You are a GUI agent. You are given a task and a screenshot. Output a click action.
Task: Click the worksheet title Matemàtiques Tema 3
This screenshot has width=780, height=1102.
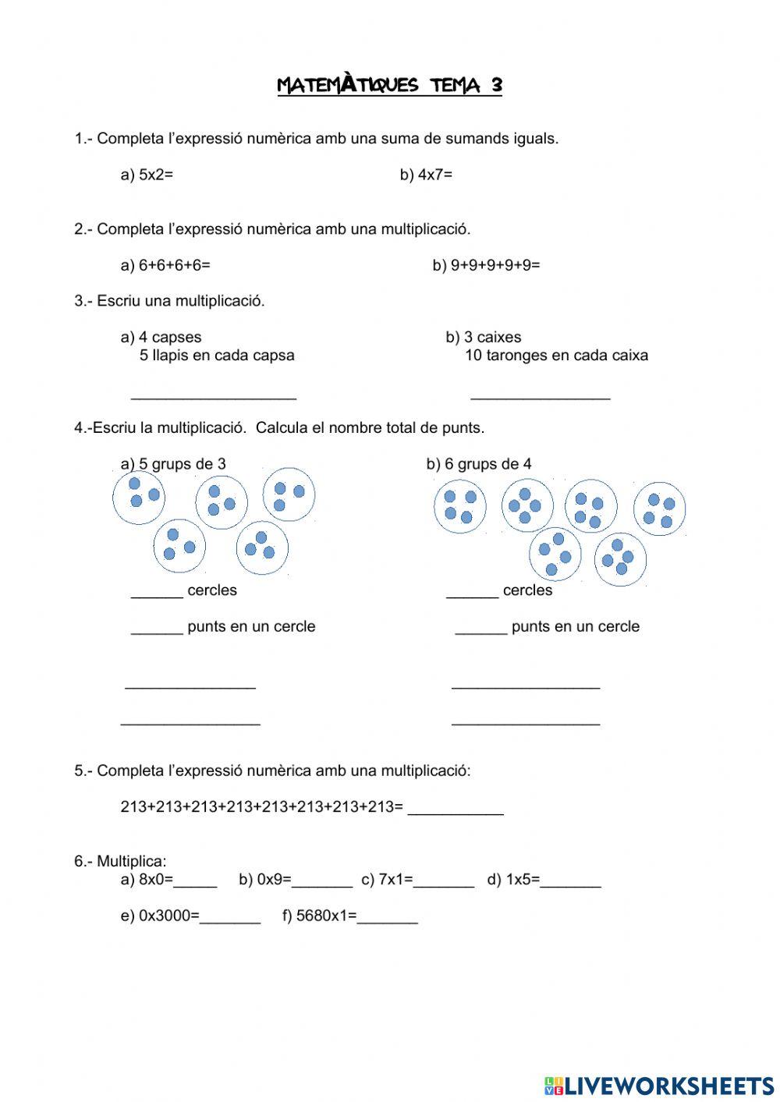pyautogui.click(x=389, y=85)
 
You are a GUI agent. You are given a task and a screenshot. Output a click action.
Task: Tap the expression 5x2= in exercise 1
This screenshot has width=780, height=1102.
pyautogui.click(x=155, y=175)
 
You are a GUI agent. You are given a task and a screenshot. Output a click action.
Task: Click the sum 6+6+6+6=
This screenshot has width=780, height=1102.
pyautogui.click(x=174, y=265)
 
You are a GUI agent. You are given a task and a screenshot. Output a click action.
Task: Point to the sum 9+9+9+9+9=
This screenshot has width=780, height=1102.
pyautogui.click(x=495, y=265)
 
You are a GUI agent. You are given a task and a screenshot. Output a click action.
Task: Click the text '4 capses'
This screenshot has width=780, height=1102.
pyautogui.click(x=169, y=337)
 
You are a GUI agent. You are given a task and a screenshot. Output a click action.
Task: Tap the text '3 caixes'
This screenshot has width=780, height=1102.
pyautogui.click(x=492, y=337)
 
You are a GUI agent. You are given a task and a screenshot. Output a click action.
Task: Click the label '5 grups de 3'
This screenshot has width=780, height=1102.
pyautogui.click(x=182, y=464)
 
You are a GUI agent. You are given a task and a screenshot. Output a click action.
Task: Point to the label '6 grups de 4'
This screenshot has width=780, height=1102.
pyautogui.click(x=487, y=464)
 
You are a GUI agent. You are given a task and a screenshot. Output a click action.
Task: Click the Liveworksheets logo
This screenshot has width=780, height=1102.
pyautogui.click(x=659, y=1085)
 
